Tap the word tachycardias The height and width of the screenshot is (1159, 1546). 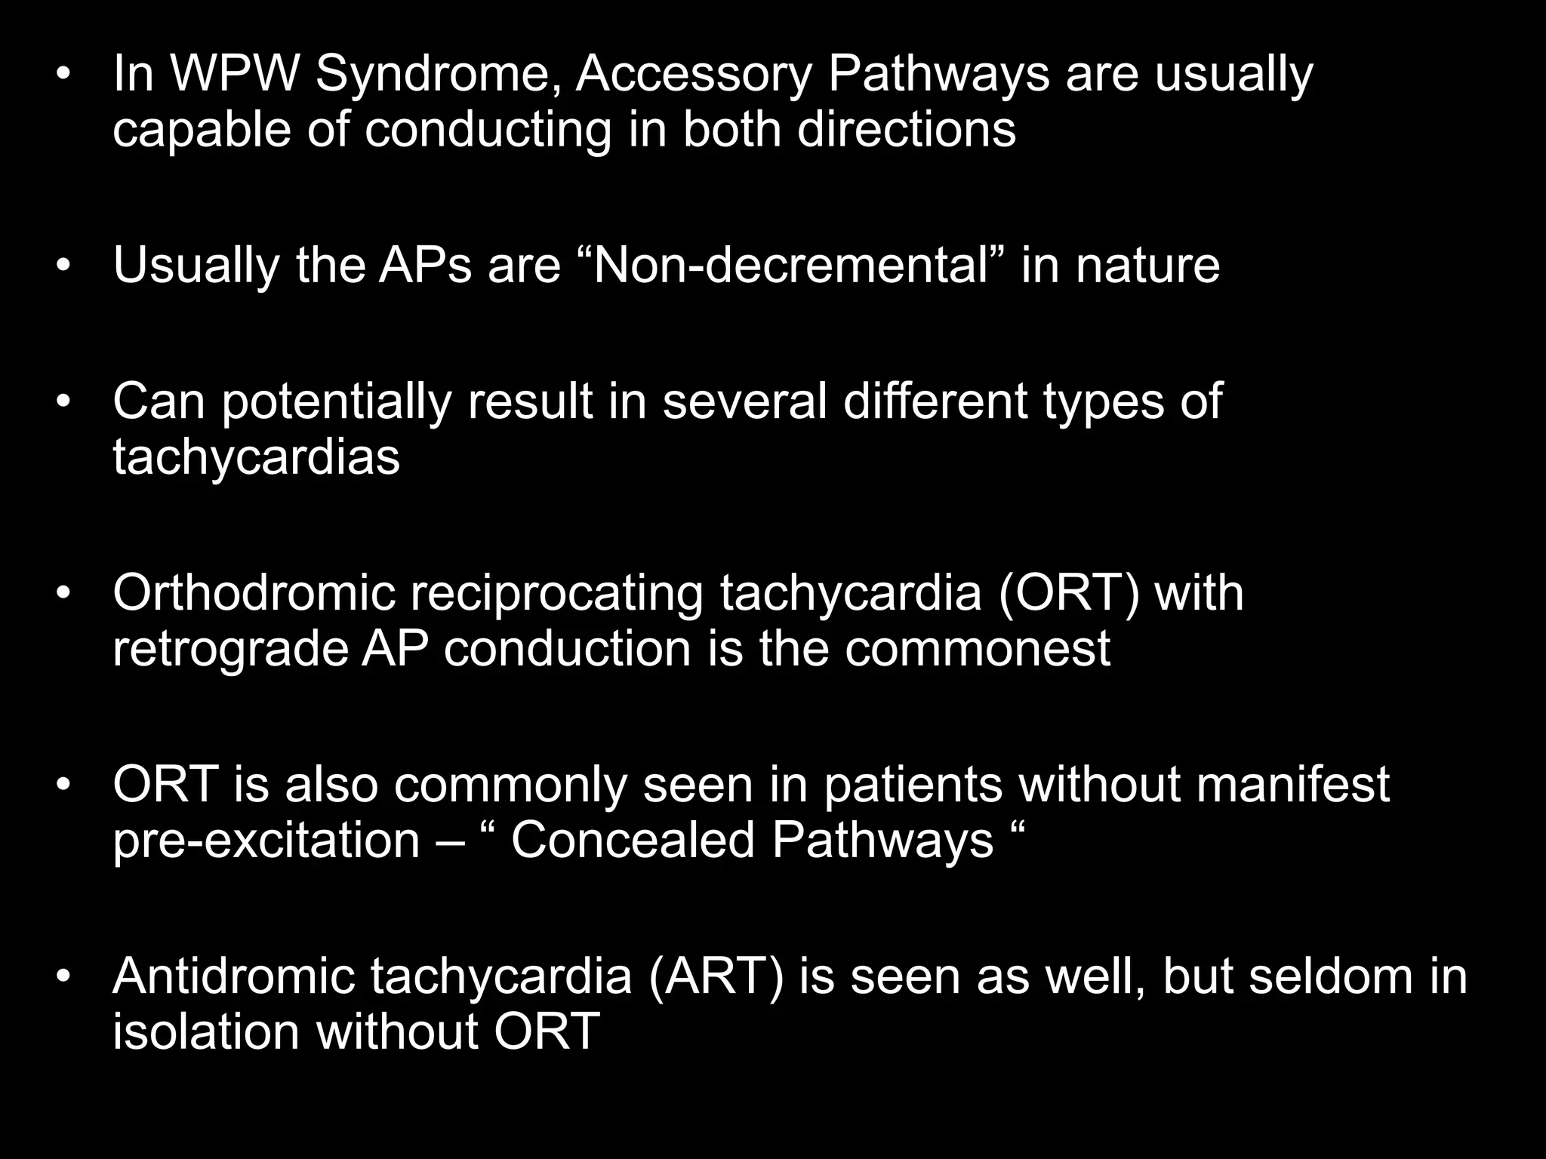[x=256, y=457]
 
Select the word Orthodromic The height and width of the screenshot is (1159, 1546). [x=254, y=593]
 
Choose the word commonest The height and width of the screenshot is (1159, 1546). [x=977, y=650]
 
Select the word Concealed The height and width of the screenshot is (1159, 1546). [x=633, y=840]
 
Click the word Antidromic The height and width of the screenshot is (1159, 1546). [x=233, y=976]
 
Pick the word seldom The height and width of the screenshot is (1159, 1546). [x=1321, y=976]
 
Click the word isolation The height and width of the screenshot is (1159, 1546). [x=206, y=1031]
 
